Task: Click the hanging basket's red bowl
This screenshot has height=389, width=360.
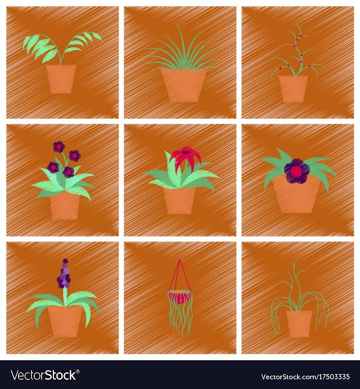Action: coord(180,297)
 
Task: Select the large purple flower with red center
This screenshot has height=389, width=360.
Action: coord(297,171)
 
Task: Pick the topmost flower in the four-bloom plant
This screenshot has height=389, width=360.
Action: coord(58,146)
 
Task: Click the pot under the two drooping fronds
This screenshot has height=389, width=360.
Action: coord(61,79)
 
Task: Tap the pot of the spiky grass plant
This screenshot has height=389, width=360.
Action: coord(184,85)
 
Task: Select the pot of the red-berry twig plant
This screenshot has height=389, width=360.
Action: coord(293,88)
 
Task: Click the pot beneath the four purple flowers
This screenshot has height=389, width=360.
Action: coord(65,205)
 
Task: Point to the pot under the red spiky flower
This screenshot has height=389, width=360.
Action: coord(179,200)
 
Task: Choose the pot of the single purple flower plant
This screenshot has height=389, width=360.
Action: coord(296,195)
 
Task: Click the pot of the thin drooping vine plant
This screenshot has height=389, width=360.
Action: coord(299,324)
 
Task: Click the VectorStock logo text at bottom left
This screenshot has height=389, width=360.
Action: coord(43,375)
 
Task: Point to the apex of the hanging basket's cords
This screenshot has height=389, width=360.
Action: coord(179,259)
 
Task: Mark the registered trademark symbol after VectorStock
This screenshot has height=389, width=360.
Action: coord(78,372)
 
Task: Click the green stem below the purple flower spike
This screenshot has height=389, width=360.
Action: coord(65,297)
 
